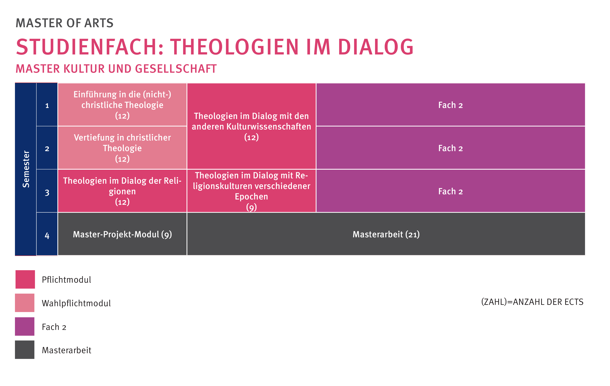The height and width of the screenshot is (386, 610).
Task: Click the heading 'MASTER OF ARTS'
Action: (x=65, y=23)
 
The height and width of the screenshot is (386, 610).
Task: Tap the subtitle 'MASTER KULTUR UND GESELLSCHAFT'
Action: (x=116, y=69)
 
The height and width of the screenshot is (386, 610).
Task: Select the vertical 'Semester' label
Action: (x=26, y=169)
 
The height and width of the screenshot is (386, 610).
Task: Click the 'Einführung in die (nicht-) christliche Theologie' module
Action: (x=122, y=105)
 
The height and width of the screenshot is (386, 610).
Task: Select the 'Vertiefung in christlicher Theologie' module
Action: (x=122, y=148)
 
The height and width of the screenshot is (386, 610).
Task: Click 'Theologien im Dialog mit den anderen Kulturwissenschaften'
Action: (x=251, y=126)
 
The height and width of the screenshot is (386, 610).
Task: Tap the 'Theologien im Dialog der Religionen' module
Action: (x=122, y=191)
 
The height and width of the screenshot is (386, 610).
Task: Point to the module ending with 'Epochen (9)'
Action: (x=251, y=191)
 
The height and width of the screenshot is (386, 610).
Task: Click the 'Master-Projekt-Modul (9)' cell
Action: (x=122, y=234)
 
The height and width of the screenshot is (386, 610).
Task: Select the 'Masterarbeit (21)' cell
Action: (x=386, y=234)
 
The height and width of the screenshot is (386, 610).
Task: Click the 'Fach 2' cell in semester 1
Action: (x=451, y=105)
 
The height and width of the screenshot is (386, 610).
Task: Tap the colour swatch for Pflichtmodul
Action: (x=25, y=279)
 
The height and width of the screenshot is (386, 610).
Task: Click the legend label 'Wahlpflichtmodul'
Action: (x=76, y=303)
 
